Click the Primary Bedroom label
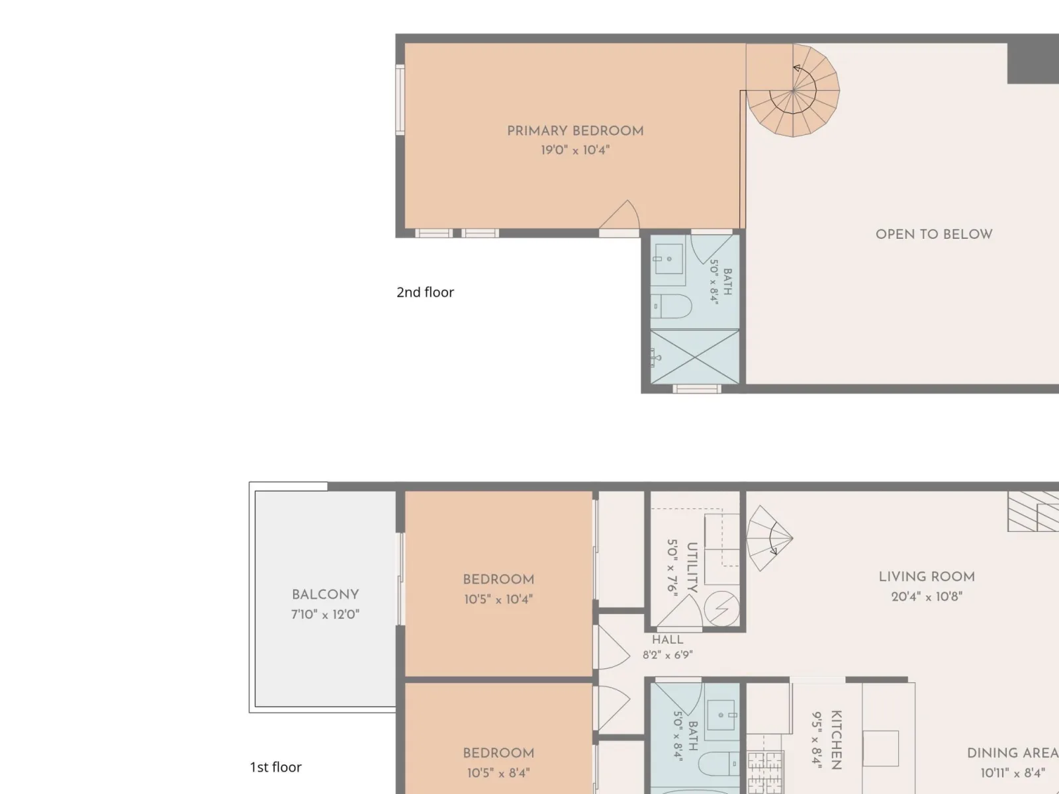coord(575,131)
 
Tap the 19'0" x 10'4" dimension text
coord(575,150)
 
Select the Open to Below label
coord(934,234)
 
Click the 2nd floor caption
coord(425,292)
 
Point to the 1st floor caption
coord(275,767)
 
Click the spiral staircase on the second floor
coord(793,90)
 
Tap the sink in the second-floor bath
coord(668,259)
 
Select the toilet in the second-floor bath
coord(672,306)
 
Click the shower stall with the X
coord(695,357)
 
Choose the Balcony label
coord(325,594)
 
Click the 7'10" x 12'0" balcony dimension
coord(325,614)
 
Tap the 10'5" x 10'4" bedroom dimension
coord(498,599)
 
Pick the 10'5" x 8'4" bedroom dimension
coord(498,773)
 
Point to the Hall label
coord(668,640)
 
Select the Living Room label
coord(927,576)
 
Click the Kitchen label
coord(837,740)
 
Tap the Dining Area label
coord(1013,753)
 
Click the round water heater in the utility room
coord(721,609)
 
